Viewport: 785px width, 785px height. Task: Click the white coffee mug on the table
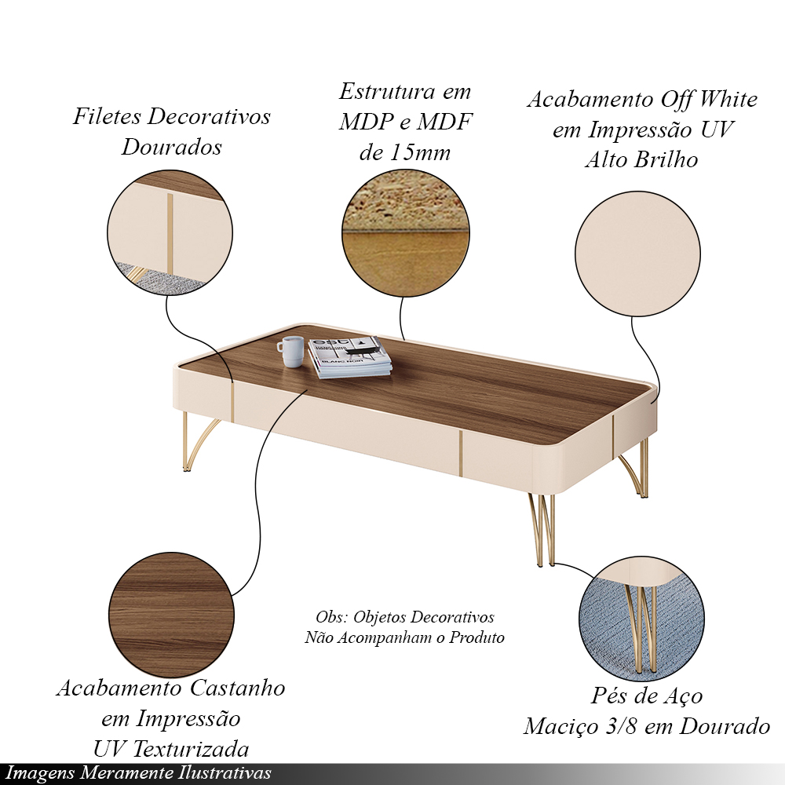(x=291, y=352)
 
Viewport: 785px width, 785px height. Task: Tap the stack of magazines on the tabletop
(x=350, y=357)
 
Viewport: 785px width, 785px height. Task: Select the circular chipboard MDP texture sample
(x=406, y=233)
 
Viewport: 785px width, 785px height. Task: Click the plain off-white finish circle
(x=637, y=254)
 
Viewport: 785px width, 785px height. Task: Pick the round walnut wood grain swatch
(x=171, y=615)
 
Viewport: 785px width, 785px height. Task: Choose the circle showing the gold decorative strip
(x=170, y=232)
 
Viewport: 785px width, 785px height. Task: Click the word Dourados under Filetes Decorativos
(x=171, y=148)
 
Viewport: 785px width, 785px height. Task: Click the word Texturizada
(x=193, y=750)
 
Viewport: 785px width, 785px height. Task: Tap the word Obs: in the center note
(x=331, y=617)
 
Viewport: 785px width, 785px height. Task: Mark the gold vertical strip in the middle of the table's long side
(x=460, y=454)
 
